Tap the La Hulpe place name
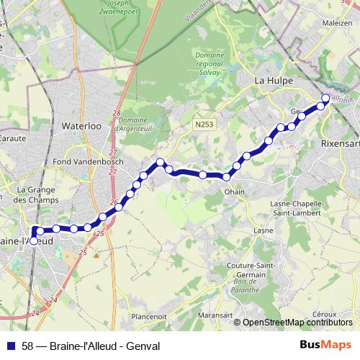point(274,81)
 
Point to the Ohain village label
point(235,192)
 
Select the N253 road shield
point(204,125)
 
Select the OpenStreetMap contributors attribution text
point(297,323)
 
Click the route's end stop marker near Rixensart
point(325,98)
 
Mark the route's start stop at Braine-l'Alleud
point(34,241)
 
